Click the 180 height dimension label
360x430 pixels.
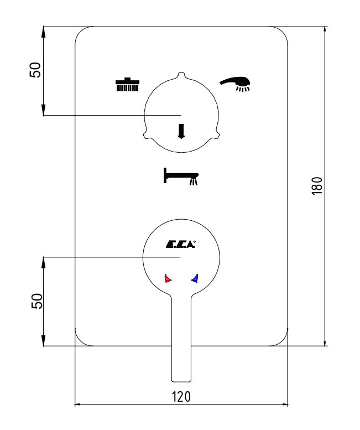point(317,186)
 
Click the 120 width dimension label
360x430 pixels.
point(181,397)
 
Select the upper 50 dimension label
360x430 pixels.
point(35,70)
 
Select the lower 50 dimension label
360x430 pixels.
point(37,301)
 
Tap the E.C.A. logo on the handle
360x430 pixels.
point(180,244)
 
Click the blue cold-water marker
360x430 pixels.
point(195,278)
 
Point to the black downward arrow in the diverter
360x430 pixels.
point(181,131)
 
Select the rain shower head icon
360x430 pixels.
point(127,85)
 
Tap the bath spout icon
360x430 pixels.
point(181,177)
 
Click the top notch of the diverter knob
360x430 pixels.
point(181,75)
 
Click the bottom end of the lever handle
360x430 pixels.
point(181,381)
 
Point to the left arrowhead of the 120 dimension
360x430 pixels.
point(77,404)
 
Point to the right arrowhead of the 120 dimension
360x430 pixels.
point(285,404)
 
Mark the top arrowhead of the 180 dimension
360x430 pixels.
point(325,30)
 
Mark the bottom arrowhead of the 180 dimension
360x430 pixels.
point(325,343)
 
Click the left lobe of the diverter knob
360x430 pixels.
point(145,135)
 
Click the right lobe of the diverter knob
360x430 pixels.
point(217,135)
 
